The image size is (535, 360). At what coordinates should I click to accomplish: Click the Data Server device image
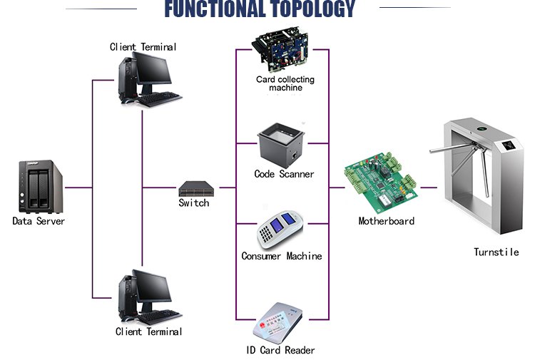(38, 187)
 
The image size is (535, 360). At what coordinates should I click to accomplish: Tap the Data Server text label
(39, 221)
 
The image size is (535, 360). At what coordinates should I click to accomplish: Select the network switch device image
(193, 188)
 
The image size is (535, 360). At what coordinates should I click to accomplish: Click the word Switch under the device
(193, 203)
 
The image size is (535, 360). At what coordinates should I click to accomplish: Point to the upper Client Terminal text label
(143, 47)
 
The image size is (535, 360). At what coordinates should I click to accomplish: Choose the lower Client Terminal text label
(148, 331)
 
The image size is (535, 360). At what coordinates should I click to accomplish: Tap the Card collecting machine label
(285, 83)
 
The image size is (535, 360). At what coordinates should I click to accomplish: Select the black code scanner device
(284, 145)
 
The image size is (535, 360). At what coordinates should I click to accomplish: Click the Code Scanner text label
(284, 174)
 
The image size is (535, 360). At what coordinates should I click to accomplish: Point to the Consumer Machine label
(281, 256)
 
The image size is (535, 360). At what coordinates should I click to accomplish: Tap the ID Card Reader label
(280, 350)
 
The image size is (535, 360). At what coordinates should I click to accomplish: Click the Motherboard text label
(386, 221)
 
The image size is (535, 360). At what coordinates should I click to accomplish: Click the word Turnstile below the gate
(496, 252)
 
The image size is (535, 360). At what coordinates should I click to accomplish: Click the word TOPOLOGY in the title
(310, 9)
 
